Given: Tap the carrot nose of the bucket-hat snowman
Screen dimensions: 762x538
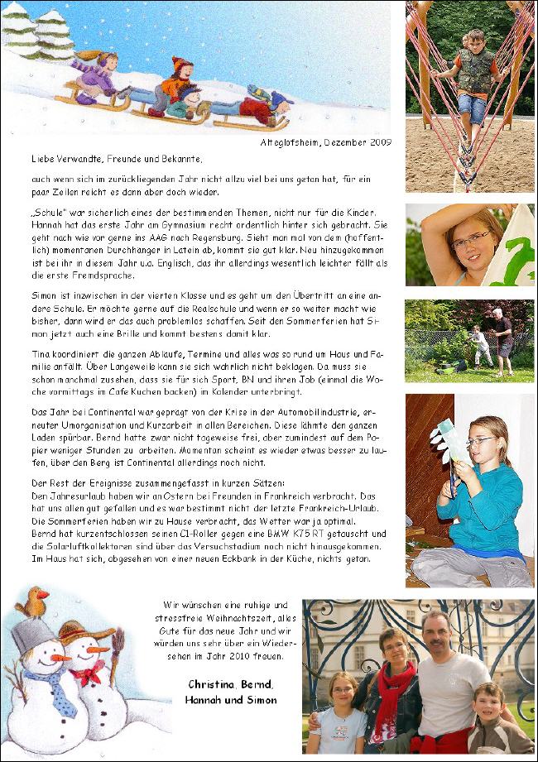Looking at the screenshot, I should click(x=60, y=658).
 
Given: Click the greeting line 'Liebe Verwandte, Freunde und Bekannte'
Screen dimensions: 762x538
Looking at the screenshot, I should click(x=117, y=157).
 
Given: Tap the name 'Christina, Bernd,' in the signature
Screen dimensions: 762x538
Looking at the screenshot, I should click(x=223, y=684).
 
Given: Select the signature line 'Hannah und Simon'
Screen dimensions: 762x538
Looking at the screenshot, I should click(x=231, y=699).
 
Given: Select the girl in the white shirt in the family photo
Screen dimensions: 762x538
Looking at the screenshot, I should click(x=339, y=716).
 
